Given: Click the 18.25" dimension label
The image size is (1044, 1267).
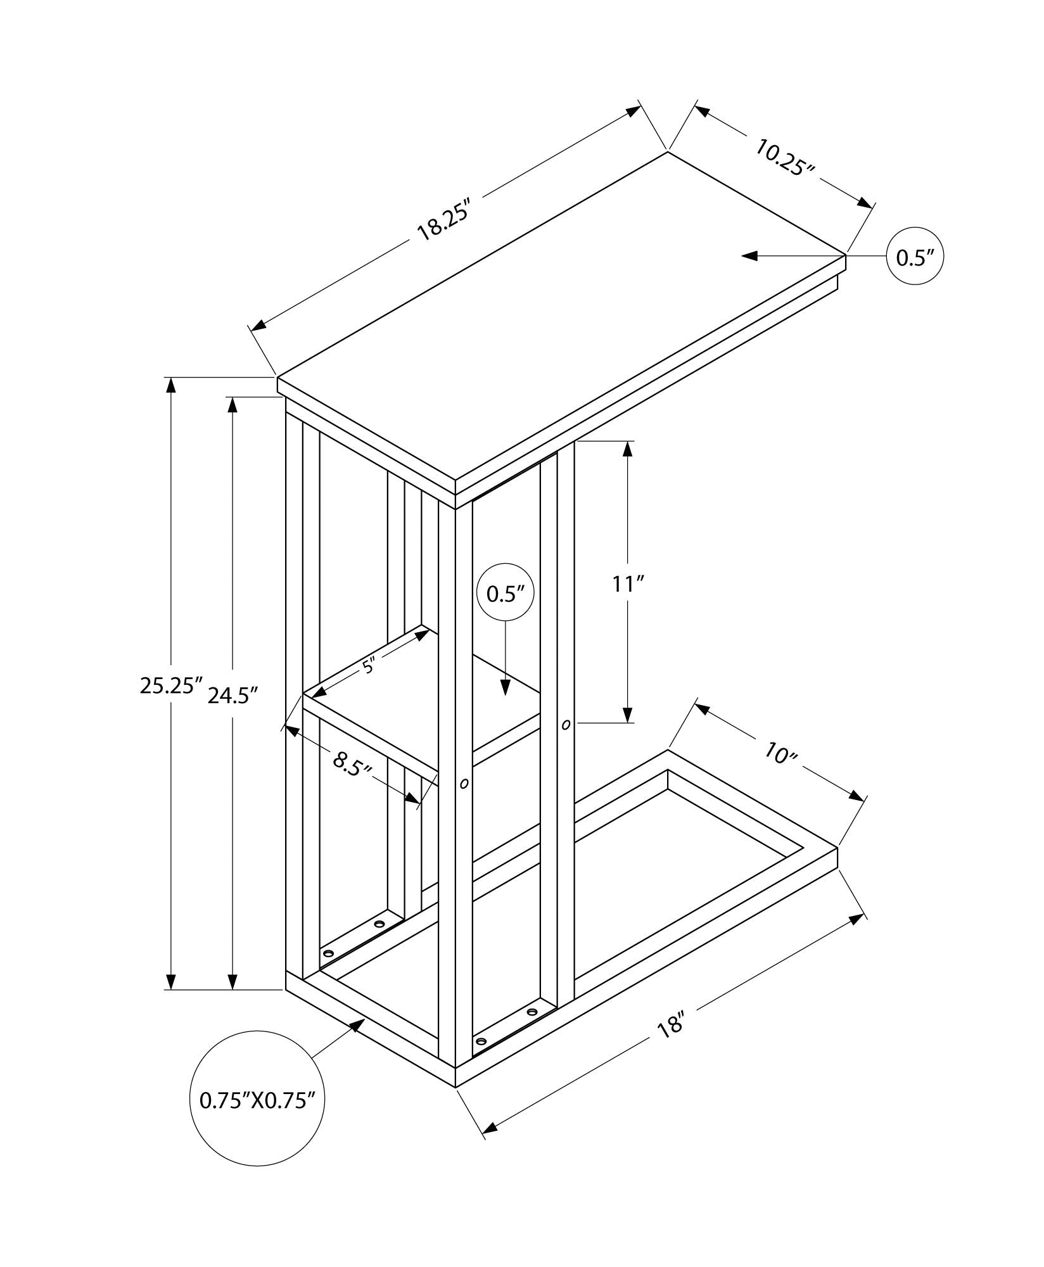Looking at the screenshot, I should point(443,219).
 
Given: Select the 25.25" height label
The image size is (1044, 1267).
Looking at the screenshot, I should point(170,685).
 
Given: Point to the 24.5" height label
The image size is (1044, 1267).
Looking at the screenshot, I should point(232,696).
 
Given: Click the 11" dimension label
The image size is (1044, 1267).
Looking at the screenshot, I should point(628,583).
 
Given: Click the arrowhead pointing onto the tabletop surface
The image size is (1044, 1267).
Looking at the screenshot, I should point(750,256).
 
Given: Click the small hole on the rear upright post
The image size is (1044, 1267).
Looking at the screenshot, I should point(566,723).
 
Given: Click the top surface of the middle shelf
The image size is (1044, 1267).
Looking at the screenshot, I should point(431,703).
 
